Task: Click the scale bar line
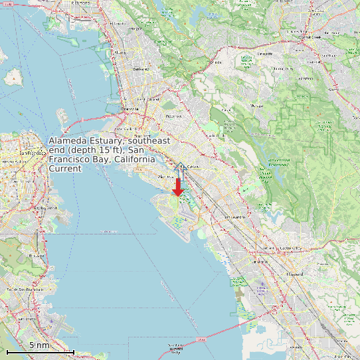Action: click(x=40, y=351)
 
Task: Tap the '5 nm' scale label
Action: click(x=39, y=345)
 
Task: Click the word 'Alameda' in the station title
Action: click(x=68, y=141)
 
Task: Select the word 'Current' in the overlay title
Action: click(x=65, y=169)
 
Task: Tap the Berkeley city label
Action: click(x=141, y=68)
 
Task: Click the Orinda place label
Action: click(x=215, y=62)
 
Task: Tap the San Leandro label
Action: click(x=235, y=217)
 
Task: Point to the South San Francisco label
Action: click(x=25, y=290)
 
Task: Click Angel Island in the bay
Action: click(x=12, y=77)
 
